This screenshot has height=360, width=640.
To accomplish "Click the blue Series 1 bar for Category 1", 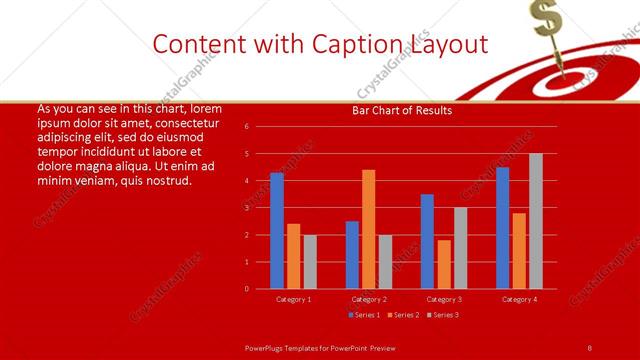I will tap(277, 231).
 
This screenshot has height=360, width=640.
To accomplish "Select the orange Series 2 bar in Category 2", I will tap(369, 229).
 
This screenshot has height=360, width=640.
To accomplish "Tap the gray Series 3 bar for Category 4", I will tap(536, 221).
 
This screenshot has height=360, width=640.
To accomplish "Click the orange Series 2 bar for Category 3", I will tap(444, 264).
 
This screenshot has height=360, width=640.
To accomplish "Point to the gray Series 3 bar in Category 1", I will tap(310, 261).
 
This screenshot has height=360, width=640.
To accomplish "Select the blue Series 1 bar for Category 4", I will tap(502, 228).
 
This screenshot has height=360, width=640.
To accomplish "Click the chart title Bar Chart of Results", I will tap(402, 111).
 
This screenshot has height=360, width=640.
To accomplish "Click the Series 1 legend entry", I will tap(363, 315).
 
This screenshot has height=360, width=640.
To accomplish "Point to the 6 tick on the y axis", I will tap(246, 127).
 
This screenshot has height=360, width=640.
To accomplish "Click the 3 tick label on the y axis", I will tap(246, 208).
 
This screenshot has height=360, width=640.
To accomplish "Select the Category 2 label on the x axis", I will tap(368, 299).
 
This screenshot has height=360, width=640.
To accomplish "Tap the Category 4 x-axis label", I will tap(519, 299).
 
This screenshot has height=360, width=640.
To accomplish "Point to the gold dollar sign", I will tap(544, 17).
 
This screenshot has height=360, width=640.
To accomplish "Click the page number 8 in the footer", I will tap(589, 347).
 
